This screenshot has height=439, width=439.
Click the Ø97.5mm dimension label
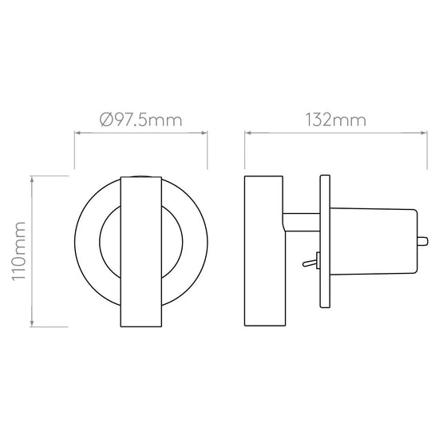140,120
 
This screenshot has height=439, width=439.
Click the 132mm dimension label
335,120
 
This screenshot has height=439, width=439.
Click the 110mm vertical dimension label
18,251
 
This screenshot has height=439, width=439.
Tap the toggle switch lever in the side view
310,263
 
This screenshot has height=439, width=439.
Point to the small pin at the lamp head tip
423,241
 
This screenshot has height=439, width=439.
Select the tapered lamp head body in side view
374,241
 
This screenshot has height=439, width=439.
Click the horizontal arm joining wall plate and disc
301,223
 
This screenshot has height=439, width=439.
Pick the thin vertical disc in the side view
325,242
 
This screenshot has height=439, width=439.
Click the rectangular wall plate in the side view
263,251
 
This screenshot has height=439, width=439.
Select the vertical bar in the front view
141,251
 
